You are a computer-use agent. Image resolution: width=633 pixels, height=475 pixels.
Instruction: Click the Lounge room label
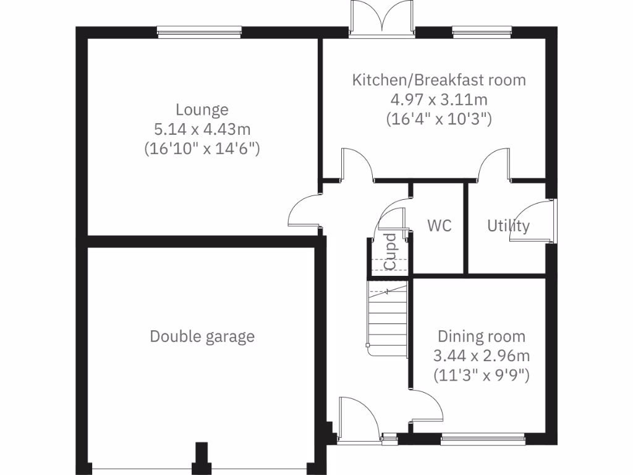click(x=202, y=110)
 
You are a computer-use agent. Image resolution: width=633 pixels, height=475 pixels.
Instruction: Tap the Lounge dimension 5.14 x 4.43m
click(x=202, y=129)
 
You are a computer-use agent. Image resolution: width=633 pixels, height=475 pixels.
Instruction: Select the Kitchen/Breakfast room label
click(x=439, y=80)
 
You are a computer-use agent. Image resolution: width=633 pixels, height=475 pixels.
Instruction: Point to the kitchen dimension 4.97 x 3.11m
click(x=439, y=99)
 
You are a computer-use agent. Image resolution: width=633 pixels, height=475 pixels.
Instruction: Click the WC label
click(x=440, y=226)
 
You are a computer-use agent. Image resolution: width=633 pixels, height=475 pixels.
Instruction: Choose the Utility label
click(x=508, y=226)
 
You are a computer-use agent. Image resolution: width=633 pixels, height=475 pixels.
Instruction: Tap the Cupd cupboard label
click(x=389, y=252)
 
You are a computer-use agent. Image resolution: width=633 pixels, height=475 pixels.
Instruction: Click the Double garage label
click(x=202, y=336)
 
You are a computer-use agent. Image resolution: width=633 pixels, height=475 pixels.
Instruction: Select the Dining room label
click(x=482, y=336)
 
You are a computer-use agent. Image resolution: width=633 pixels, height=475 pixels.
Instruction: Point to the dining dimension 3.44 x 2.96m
click(x=482, y=356)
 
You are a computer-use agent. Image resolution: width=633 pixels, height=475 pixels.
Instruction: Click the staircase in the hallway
click(x=388, y=319)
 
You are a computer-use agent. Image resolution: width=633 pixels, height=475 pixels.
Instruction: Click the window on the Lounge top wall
click(x=199, y=32)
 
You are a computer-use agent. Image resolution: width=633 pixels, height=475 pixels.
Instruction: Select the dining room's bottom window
click(x=483, y=440)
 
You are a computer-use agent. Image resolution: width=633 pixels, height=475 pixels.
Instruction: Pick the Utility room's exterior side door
click(x=552, y=221)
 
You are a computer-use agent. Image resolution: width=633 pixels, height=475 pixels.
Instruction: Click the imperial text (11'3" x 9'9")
click(x=482, y=375)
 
